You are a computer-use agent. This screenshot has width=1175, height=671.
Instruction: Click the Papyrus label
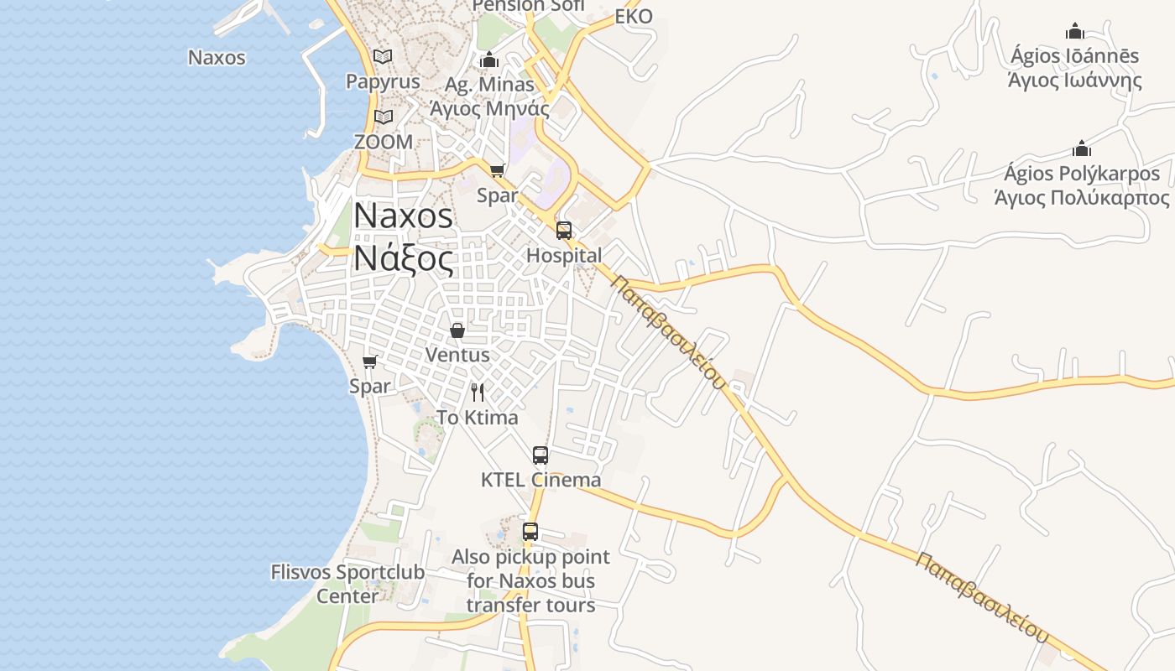[383, 82]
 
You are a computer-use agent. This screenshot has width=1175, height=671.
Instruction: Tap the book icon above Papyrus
[383, 56]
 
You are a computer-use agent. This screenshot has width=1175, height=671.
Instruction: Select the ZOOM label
[384, 142]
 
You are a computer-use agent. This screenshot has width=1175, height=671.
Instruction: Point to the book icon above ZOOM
[384, 117]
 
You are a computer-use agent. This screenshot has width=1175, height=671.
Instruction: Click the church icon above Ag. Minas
[489, 60]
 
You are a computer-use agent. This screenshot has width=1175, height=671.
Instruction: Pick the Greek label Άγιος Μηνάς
[489, 108]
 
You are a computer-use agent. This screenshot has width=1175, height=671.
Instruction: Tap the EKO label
[634, 17]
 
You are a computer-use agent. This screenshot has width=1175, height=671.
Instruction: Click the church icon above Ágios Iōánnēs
[1075, 32]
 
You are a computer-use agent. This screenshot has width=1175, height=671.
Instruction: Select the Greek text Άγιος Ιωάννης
[1075, 81]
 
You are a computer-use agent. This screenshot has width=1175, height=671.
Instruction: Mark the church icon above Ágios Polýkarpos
[1082, 149]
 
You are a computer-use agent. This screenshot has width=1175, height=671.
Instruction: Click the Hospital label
[564, 256]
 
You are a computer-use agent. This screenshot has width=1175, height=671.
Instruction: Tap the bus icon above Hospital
[564, 230]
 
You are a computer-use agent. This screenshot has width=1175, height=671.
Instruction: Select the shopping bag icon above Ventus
[457, 330]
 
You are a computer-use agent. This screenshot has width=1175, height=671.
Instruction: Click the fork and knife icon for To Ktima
[478, 392]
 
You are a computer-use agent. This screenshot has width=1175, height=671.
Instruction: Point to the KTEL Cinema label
[540, 481]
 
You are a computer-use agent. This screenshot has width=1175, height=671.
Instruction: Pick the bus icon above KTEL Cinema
[540, 455]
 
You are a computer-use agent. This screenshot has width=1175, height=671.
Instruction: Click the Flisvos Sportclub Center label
[347, 584]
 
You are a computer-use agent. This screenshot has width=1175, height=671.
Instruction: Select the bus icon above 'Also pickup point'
[530, 532]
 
